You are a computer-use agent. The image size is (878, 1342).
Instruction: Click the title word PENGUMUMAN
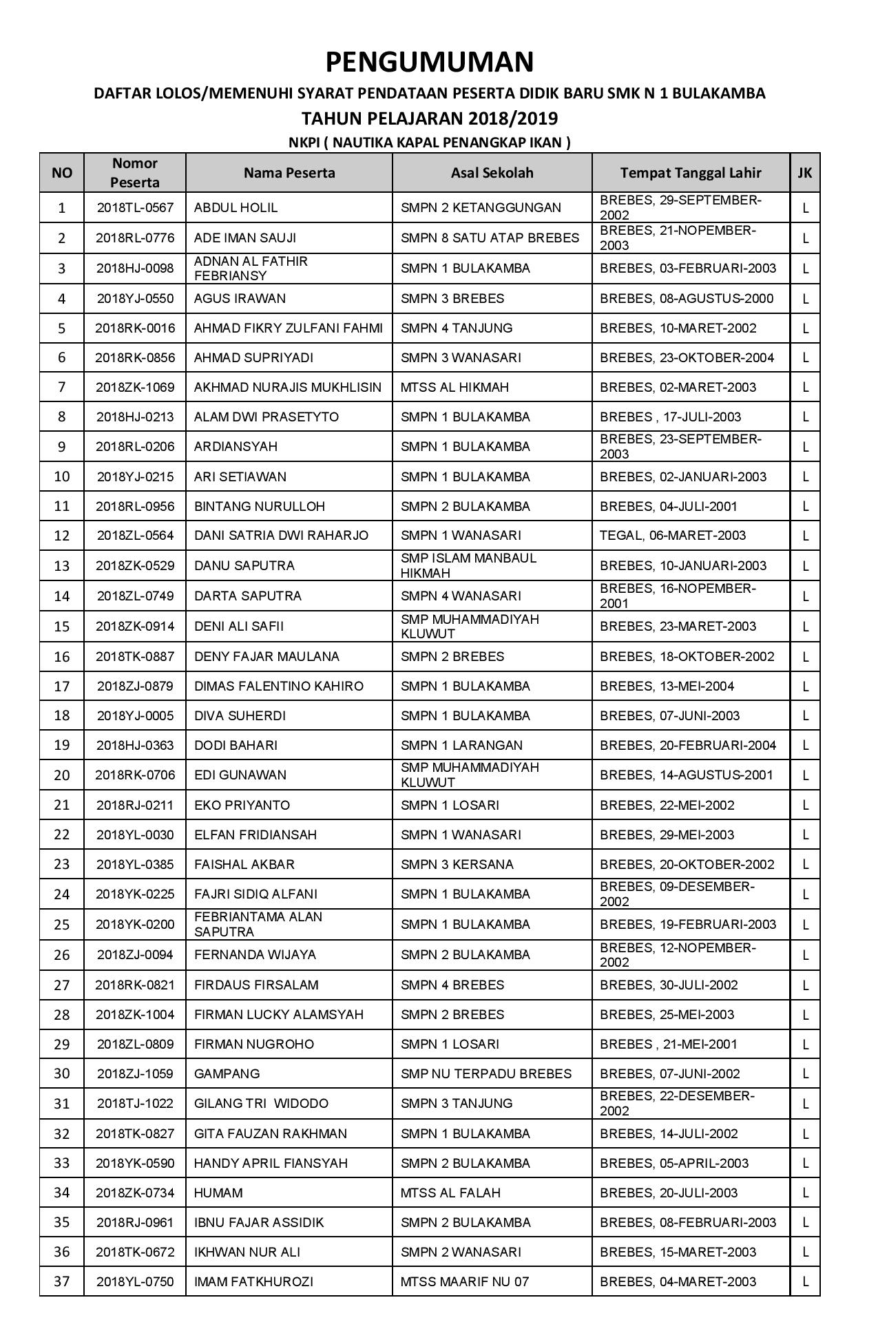pos(429,62)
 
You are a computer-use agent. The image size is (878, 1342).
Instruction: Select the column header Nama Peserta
pos(289,173)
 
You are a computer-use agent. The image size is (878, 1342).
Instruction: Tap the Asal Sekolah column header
pos(492,173)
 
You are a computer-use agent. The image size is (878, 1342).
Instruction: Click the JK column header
pos(804,173)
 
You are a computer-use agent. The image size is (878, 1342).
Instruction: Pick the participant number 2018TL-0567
pos(135,207)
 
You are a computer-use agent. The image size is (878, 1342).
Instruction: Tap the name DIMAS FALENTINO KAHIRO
pos(279,686)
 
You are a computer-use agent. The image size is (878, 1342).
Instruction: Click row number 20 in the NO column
pos(62,775)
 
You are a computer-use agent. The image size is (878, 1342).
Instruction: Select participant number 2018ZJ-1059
pos(135,1073)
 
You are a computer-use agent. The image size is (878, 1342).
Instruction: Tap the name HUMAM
pos(218,1193)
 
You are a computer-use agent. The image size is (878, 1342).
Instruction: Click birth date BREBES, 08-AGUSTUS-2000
pos(687,298)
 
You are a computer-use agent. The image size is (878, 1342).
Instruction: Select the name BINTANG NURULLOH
pos(260,506)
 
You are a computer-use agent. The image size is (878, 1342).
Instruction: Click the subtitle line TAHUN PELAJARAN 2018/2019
pos(429,118)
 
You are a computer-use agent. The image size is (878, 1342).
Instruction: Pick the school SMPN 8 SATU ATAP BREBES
pos(490,238)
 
